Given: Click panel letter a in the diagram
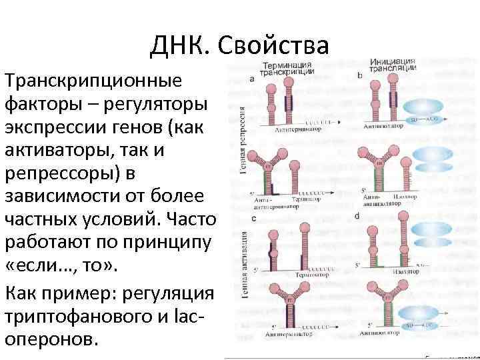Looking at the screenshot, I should click(252, 79).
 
